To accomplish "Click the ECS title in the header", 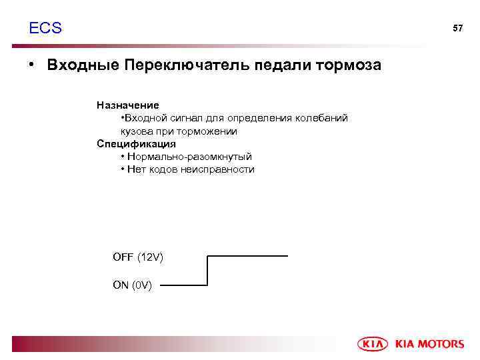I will [45, 28].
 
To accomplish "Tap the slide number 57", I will [457, 29].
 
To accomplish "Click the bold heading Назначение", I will [127, 105].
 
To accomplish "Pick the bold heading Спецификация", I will [136, 144].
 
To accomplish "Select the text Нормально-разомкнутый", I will [189, 157].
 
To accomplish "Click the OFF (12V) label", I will [138, 257].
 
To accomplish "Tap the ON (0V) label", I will [133, 285].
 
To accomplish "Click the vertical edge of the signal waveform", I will [208, 271].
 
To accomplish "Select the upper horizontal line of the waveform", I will [248, 256].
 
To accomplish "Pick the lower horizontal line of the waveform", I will [184, 285].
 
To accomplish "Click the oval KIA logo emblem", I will [373, 344].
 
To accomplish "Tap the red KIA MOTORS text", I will [429, 344].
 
